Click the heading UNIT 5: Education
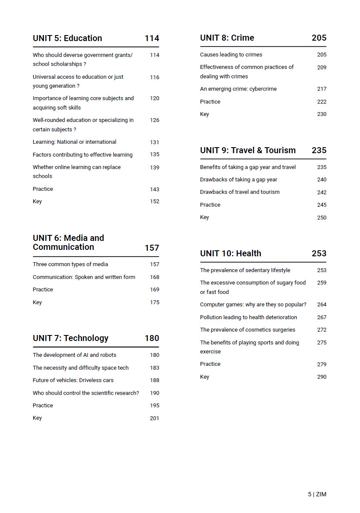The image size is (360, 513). tap(68, 39)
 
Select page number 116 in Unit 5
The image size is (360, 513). tap(154, 77)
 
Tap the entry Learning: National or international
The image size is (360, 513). tap(74, 142)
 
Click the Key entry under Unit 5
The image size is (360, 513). tap(37, 202)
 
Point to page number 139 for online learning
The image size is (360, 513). tap(154, 168)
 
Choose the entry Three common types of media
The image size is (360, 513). tap(71, 264)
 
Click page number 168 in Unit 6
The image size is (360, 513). tap(154, 277)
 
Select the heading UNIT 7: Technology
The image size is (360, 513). tap(71, 338)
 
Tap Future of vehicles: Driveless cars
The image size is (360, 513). tap(73, 380)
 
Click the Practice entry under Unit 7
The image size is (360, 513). tap(43, 406)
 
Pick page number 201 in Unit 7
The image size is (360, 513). tap(154, 418)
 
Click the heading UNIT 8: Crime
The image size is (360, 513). tap(227, 38)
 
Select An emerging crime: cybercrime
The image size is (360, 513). tap(238, 89)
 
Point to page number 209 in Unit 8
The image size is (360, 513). tap(322, 68)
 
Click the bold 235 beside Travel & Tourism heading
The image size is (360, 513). tap(319, 151)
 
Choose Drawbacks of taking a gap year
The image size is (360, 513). tap(239, 180)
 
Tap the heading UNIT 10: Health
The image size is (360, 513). tap(230, 254)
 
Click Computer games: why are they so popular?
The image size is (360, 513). tap(253, 305)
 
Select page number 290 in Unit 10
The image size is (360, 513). tap(322, 377)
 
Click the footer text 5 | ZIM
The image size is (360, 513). tap(317, 495)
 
